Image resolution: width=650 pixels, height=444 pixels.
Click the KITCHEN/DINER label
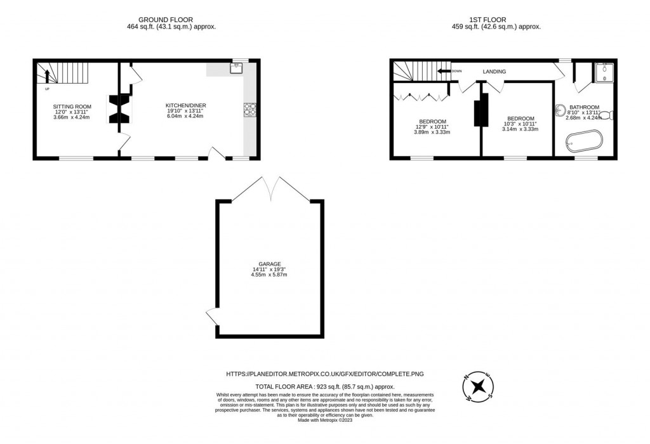pyautogui.click(x=186, y=105)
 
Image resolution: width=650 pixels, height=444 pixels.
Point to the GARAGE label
pyautogui.click(x=270, y=264)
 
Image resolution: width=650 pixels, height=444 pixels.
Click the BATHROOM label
pyautogui.click(x=583, y=107)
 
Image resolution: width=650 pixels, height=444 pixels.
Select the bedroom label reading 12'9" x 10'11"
pyautogui.click(x=432, y=121)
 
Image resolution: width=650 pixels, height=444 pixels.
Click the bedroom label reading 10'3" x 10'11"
pyautogui.click(x=521, y=119)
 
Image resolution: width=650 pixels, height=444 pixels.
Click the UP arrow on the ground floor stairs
pyautogui.click(x=46, y=76)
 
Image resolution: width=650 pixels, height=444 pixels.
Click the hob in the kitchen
pyautogui.click(x=248, y=110)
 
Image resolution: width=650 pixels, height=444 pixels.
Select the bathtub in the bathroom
pyautogui.click(x=583, y=141)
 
